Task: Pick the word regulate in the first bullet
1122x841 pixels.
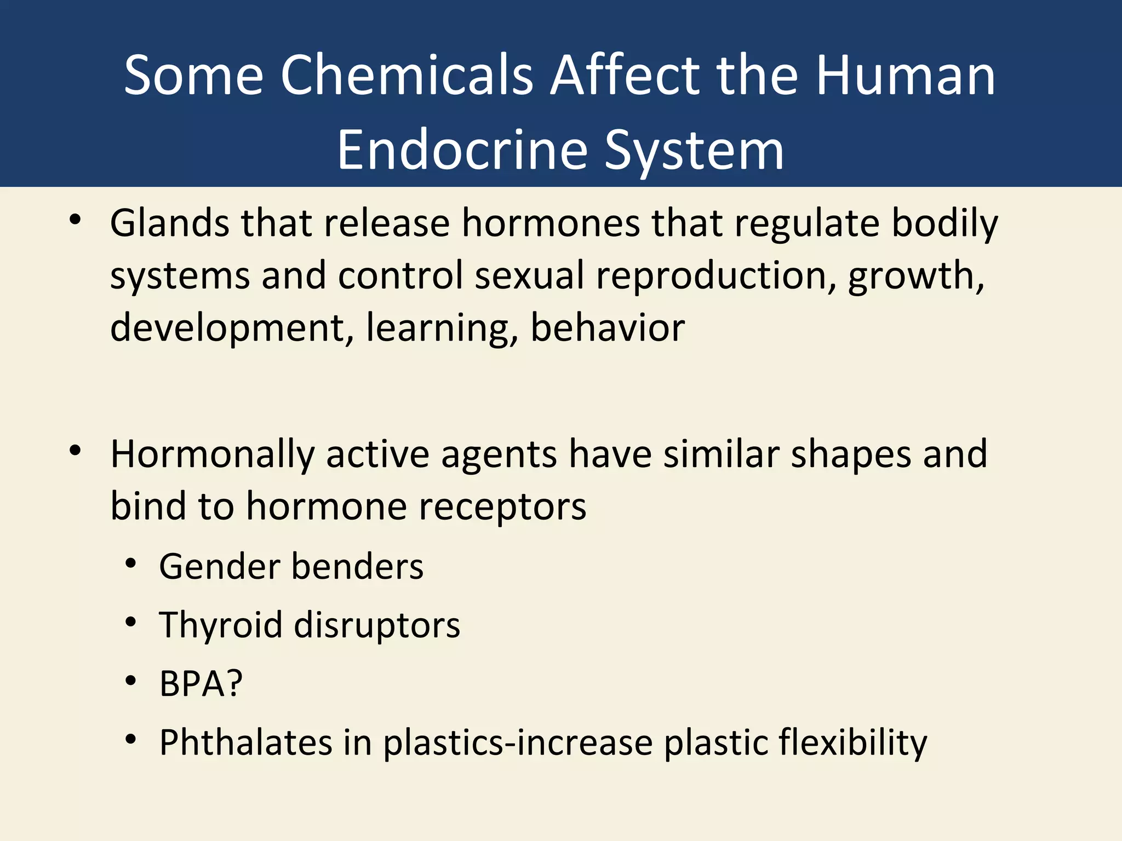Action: coord(806,224)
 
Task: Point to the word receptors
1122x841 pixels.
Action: coord(502,507)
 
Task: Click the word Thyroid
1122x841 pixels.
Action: coord(220,626)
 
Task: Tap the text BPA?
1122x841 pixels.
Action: coord(201,684)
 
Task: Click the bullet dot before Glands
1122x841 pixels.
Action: coord(75,220)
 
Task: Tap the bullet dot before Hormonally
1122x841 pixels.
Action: coord(75,451)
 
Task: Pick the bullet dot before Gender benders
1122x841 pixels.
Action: coord(130,563)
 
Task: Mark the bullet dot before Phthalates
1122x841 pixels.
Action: coord(130,740)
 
